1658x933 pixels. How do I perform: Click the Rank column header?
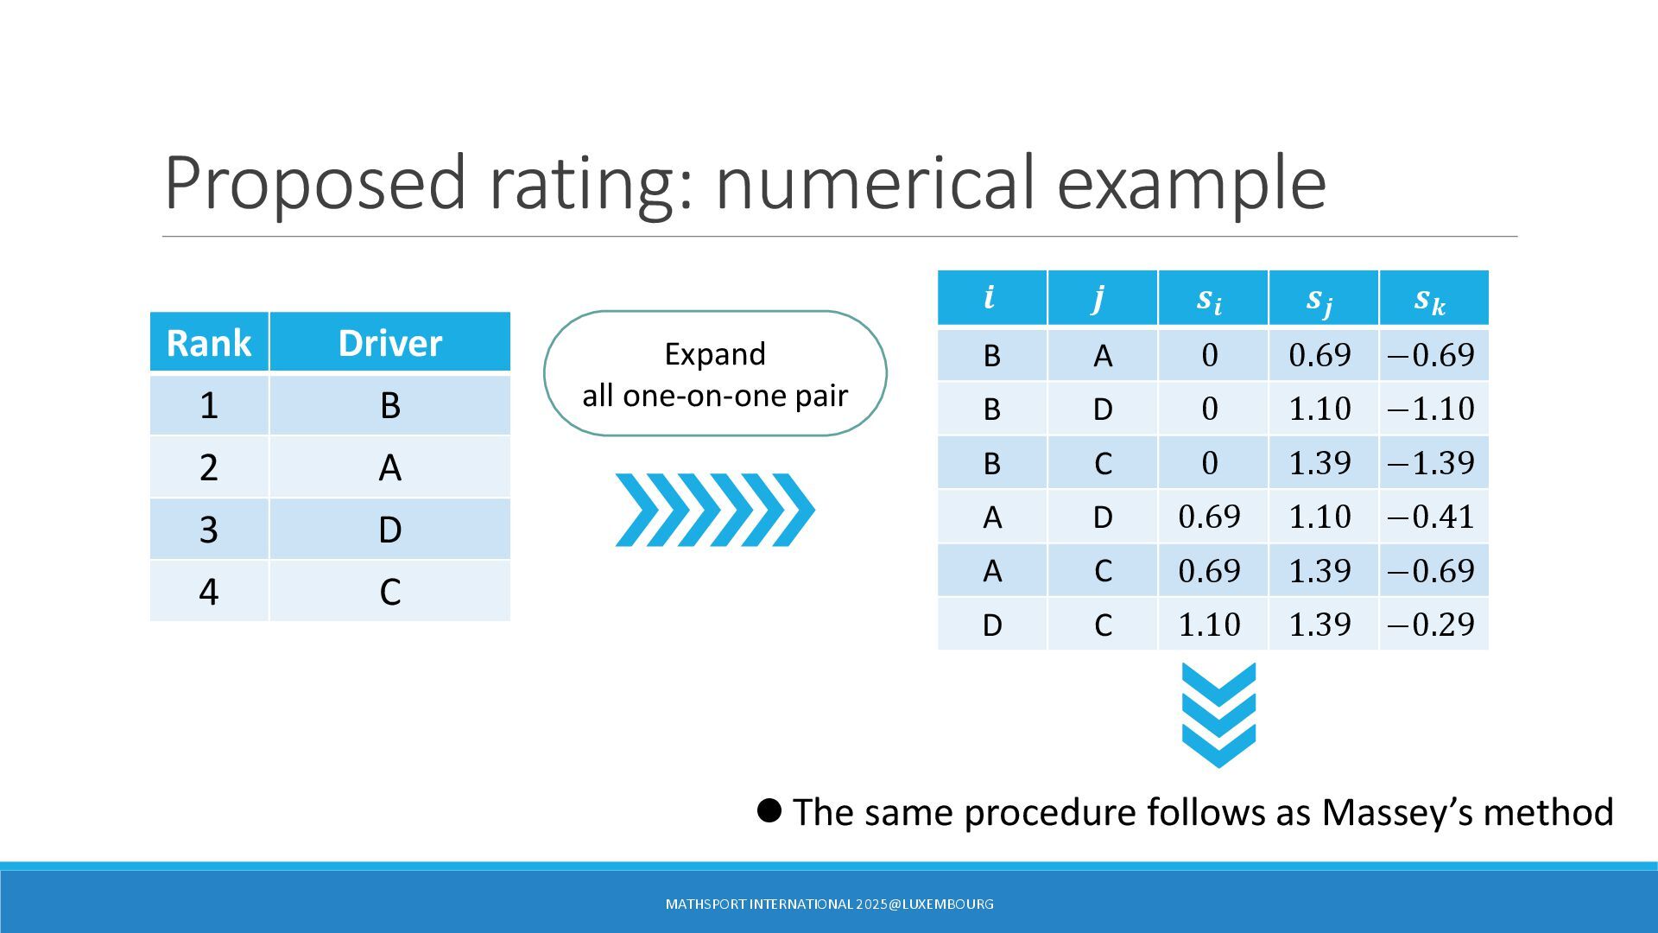[209, 343]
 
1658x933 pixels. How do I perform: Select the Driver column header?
[390, 343]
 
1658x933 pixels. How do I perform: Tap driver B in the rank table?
[390, 405]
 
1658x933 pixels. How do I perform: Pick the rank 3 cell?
[209, 529]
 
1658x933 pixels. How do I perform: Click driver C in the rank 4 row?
[390, 592]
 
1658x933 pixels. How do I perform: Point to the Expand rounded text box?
[715, 373]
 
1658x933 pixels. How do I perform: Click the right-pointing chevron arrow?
[715, 510]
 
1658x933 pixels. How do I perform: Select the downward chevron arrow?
[1218, 715]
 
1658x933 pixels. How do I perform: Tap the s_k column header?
[1434, 298]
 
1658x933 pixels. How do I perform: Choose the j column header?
[1103, 298]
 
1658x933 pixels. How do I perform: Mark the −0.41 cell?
[1434, 517]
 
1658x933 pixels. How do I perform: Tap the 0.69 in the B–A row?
[1320, 355]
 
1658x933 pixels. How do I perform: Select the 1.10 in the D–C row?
[1210, 624]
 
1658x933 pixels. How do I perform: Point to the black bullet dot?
[769, 810]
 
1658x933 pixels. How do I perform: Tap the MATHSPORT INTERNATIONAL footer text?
[829, 904]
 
